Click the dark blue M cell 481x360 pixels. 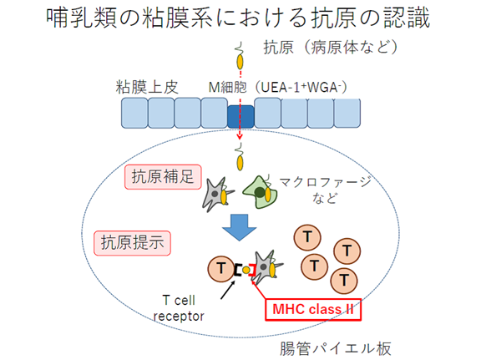240,117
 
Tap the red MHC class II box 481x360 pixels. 313,309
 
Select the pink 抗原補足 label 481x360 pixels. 163,177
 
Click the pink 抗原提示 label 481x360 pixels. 132,243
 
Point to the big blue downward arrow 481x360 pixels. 240,227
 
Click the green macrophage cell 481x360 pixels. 261,193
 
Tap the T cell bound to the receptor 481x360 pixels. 220,269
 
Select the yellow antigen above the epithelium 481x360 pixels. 240,61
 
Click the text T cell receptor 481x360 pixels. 179,308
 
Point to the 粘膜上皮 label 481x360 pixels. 147,87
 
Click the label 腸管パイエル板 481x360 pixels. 336,348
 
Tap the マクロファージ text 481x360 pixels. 325,182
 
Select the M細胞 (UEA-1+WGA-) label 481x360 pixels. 277,87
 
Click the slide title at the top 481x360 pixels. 238,18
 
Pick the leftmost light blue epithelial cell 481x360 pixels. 134,113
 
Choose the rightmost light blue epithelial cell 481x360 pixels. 347,113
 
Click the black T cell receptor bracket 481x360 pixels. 237,270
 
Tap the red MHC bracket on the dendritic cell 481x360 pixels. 253,270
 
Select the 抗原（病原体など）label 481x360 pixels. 331,48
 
